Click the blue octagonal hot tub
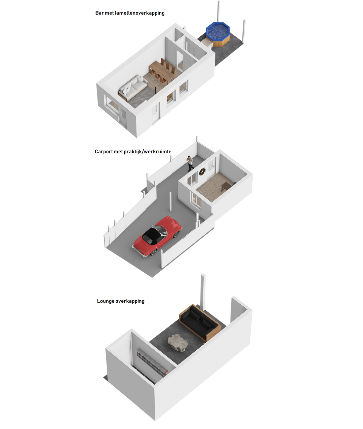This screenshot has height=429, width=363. point(218,34)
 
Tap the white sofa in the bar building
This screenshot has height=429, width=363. point(133,87)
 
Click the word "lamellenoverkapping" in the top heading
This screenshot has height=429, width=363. point(139,13)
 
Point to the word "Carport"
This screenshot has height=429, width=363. point(104,152)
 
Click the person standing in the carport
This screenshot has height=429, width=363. point(191,163)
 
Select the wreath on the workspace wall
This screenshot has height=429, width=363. point(202,172)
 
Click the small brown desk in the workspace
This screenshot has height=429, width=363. point(227,186)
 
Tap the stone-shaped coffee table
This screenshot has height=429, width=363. point(178,343)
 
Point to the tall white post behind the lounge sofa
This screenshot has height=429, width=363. point(203,292)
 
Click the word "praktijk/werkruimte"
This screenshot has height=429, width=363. point(147,152)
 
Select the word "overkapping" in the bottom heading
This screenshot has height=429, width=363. point(130,301)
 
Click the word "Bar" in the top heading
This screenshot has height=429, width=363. point(99,13)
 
